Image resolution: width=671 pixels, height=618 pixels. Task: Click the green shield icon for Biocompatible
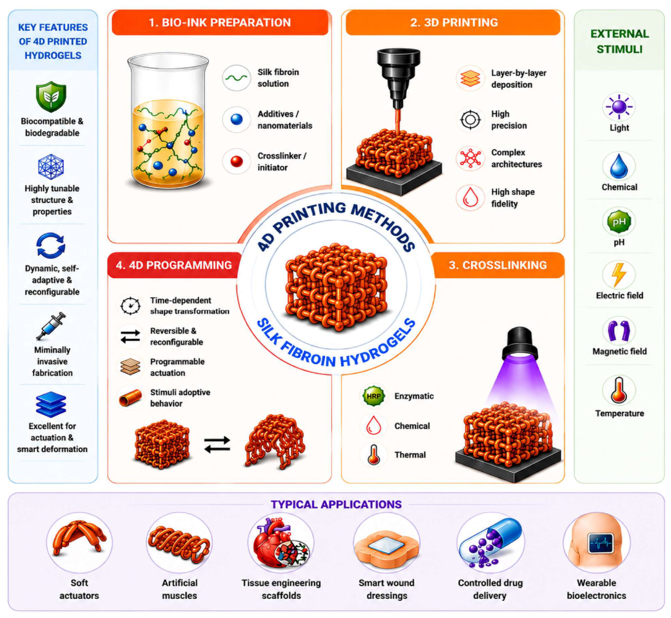(51, 97)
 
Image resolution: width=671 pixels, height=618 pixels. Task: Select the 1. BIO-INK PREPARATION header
(220, 22)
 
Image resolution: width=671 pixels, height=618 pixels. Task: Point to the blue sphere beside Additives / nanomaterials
(236, 119)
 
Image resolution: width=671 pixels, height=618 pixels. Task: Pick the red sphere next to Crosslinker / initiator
(236, 161)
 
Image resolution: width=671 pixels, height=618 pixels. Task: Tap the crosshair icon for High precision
(470, 120)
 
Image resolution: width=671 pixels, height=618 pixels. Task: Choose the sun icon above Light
(619, 107)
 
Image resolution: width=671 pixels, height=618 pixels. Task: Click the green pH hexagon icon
(619, 222)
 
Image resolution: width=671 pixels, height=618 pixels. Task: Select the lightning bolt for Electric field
(619, 275)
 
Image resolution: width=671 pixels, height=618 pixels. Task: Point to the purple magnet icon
(619, 331)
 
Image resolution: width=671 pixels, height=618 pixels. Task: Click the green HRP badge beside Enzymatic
(374, 396)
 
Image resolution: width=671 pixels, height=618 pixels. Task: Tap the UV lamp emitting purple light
(520, 344)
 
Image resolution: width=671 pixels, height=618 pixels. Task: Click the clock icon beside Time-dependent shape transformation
(130, 305)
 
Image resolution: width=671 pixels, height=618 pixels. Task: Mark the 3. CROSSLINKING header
(498, 265)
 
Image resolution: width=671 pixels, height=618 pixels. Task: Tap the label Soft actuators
(79, 589)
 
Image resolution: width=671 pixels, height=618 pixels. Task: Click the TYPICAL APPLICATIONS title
(336, 504)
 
